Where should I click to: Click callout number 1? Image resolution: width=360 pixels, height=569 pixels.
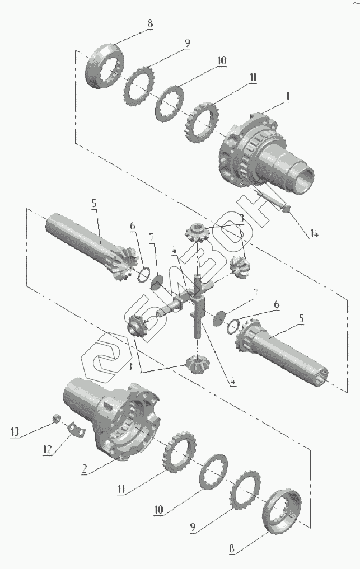(x=287, y=96)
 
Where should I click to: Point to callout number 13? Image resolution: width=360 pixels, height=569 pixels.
(x=15, y=431)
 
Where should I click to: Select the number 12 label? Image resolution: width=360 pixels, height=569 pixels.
(x=49, y=449)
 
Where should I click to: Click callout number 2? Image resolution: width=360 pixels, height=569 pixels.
(x=83, y=471)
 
